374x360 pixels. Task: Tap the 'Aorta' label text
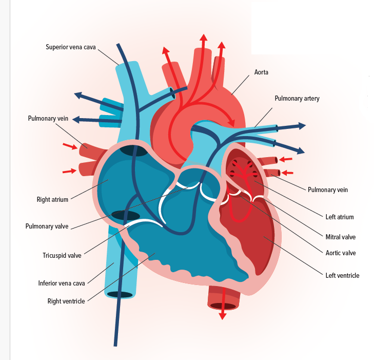point(261,72)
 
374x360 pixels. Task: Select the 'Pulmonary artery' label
point(297,98)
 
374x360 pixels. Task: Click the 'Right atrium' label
point(52,199)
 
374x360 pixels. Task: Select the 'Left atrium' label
point(340,217)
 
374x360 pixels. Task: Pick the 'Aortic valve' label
point(341,253)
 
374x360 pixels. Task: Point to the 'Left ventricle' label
point(342,275)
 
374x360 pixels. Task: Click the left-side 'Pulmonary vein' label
point(48,119)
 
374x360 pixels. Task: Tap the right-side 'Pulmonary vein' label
point(327,190)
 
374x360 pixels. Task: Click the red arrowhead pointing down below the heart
point(222,316)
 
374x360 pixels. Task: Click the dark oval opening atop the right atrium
point(133,151)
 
